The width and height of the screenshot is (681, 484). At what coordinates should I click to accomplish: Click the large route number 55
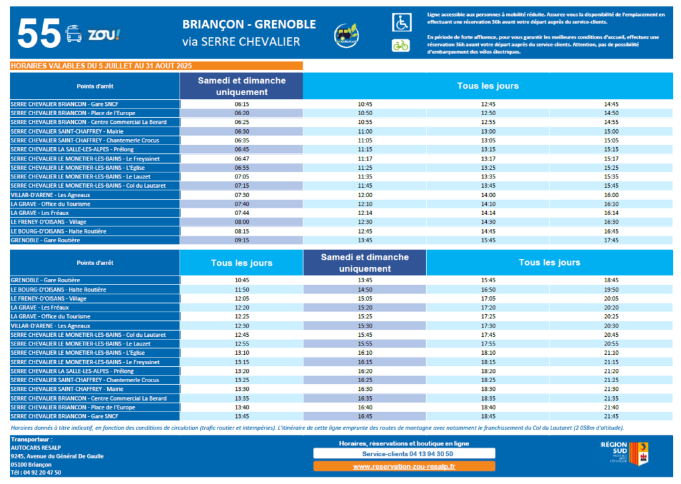tap(38, 33)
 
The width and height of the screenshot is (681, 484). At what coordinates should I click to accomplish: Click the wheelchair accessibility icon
tap(401, 23)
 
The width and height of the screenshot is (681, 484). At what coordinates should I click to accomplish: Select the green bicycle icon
tap(400, 45)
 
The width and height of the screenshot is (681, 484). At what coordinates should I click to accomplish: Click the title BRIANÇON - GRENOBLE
tap(249, 25)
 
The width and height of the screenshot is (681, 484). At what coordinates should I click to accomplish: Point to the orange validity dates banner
tap(156, 66)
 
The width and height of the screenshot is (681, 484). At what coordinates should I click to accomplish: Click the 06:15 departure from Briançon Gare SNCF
tap(241, 104)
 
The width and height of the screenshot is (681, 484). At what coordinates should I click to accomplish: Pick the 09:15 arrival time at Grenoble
tap(241, 240)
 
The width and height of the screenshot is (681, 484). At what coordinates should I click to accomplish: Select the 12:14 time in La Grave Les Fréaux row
tap(365, 213)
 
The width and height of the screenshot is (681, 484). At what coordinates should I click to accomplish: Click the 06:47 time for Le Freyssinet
tap(241, 158)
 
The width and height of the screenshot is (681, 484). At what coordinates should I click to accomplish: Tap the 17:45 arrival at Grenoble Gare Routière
tap(611, 240)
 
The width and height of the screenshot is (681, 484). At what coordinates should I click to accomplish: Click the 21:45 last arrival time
tap(611, 416)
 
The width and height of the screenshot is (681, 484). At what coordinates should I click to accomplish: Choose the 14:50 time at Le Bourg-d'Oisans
tap(365, 290)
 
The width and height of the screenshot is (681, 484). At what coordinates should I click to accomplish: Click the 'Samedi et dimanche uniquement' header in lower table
tap(364, 262)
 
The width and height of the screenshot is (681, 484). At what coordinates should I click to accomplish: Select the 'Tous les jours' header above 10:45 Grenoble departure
tap(241, 263)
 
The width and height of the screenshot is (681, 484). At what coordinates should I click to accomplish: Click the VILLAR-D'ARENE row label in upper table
tap(51, 195)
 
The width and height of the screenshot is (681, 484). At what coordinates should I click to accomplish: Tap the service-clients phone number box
tap(404, 453)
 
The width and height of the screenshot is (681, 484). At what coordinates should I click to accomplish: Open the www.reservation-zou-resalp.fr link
tap(404, 467)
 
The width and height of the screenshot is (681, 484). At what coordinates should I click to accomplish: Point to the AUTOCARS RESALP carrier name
tap(33, 447)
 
